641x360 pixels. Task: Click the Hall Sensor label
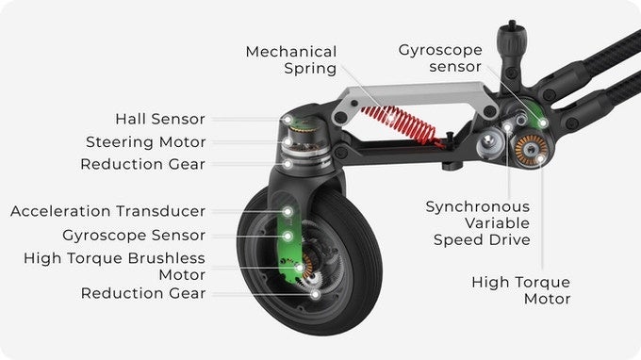tap(160, 119)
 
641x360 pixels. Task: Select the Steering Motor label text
tap(145, 142)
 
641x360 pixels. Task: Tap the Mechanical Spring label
tap(291, 59)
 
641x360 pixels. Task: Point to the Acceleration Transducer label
tap(107, 211)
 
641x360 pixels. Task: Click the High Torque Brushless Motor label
tap(114, 266)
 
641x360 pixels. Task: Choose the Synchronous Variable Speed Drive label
tap(478, 223)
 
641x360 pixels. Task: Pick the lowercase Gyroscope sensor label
tap(440, 58)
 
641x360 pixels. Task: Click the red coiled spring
tap(401, 124)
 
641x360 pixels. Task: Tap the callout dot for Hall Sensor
tap(288, 120)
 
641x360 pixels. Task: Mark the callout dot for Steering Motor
tap(288, 142)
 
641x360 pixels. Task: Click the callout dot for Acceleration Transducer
tap(288, 212)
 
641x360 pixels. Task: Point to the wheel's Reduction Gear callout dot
tap(315, 294)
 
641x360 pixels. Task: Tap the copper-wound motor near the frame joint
tap(531, 151)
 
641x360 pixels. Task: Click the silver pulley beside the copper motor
tap(490, 143)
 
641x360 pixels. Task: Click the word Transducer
tap(160, 211)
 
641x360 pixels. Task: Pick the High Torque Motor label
tap(520, 290)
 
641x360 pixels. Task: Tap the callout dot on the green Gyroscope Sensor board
tap(288, 237)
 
